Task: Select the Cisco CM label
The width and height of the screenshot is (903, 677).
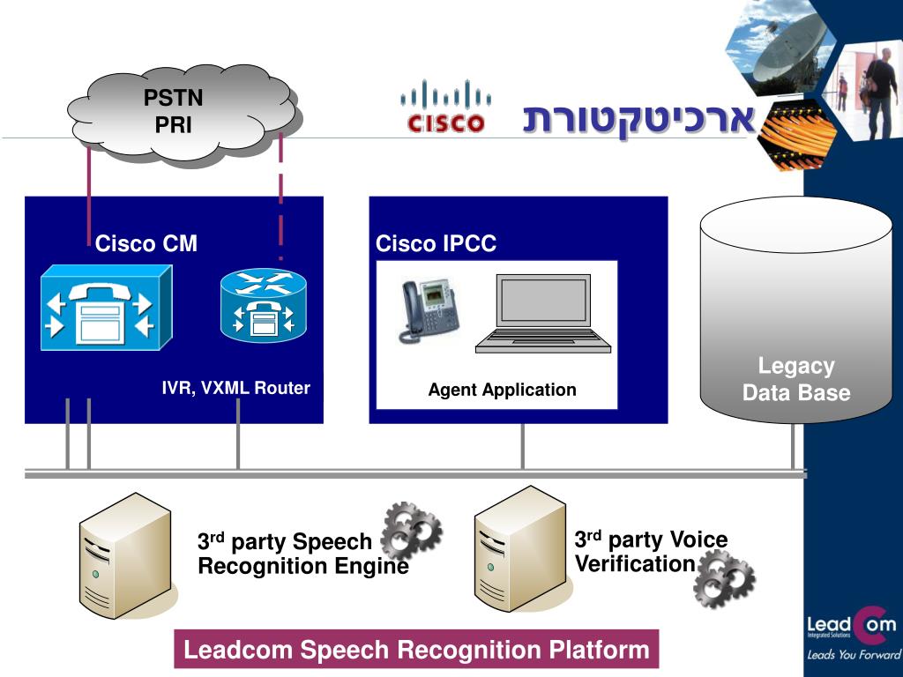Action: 146,243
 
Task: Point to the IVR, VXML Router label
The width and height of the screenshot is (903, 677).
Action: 235,388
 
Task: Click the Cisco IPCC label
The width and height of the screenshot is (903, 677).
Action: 436,243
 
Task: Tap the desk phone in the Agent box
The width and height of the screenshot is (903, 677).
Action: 429,310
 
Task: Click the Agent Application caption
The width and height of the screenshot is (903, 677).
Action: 502,390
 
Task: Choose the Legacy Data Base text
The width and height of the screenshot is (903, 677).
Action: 796,379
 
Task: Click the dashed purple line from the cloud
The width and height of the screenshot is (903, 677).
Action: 280,194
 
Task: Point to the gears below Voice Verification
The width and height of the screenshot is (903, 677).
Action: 724,578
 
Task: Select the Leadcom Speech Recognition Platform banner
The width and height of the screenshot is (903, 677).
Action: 416,651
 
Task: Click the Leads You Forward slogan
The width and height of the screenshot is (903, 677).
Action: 852,655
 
